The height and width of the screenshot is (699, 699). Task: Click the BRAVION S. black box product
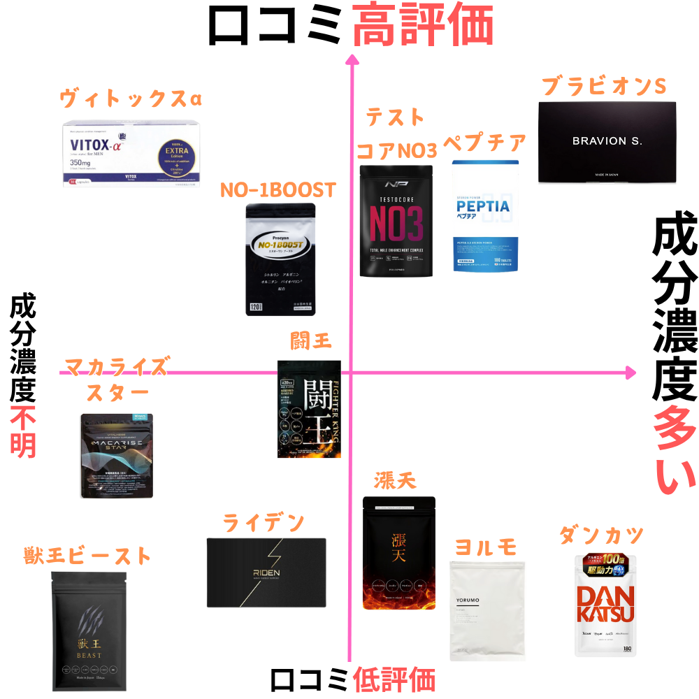[607, 143]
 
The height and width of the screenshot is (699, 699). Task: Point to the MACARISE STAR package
[117, 456]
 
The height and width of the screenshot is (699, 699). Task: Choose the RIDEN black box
[266, 572]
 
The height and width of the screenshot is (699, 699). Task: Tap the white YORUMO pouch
[487, 610]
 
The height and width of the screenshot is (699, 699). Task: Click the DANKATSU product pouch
[606, 605]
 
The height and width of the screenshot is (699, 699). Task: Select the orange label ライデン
[264, 522]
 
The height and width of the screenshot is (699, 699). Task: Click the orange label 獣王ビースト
[87, 556]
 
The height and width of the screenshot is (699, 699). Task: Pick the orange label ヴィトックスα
[131, 99]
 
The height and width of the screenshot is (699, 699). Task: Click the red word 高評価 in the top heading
[423, 26]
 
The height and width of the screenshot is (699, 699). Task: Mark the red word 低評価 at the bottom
[394, 679]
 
